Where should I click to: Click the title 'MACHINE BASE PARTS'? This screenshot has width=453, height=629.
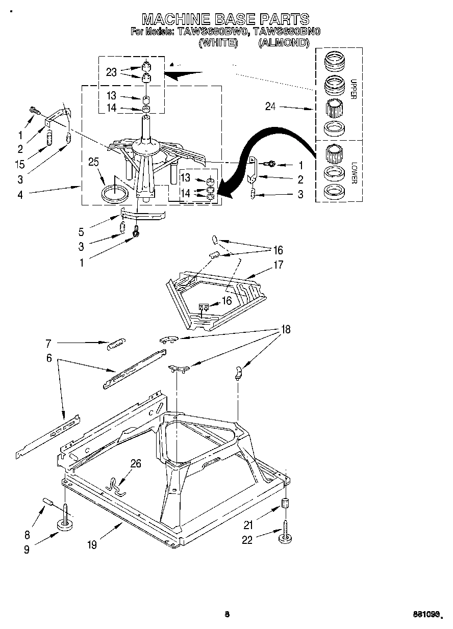tap(225, 19)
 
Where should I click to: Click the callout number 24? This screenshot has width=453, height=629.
tap(271, 107)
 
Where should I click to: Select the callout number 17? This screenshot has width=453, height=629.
tap(278, 265)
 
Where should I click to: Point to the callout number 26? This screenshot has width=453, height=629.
tap(136, 463)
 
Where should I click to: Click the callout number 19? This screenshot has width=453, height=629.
tap(91, 545)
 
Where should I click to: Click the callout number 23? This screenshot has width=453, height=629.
tap(112, 72)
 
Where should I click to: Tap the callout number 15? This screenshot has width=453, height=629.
tap(20, 165)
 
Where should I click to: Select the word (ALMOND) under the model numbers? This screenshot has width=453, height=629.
tap(284, 43)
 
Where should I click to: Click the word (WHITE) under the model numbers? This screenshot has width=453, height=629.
tap(218, 43)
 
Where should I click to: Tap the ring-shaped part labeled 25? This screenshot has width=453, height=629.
tap(114, 194)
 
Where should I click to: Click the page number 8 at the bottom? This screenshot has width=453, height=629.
tap(227, 614)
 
